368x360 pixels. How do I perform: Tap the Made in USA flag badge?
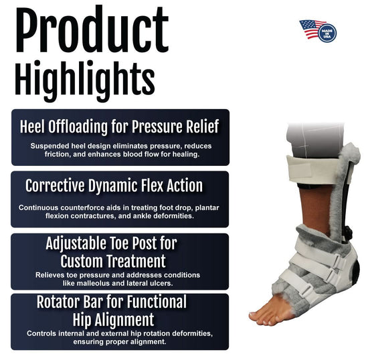318,30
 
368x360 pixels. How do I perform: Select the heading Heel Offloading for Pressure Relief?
120,126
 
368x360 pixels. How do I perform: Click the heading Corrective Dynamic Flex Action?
114,185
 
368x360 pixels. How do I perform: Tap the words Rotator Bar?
72,302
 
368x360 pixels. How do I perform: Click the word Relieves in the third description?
53,274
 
